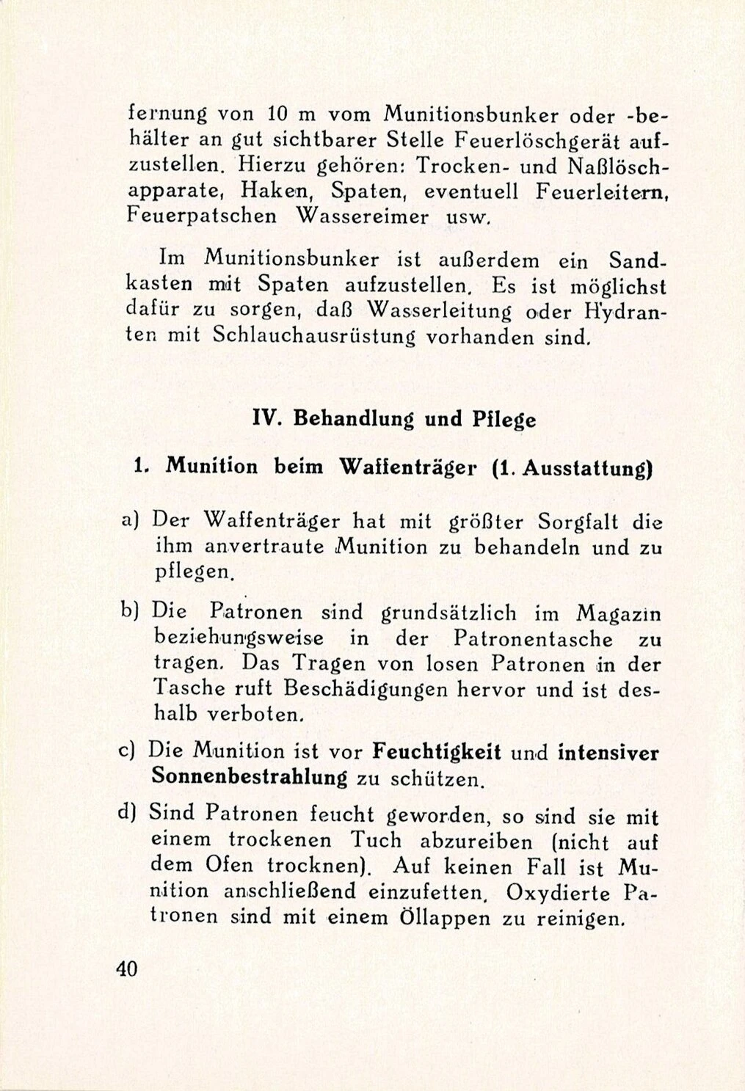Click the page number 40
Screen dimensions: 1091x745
pos(126,968)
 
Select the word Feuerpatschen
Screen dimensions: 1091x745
pos(202,216)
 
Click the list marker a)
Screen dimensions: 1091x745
pos(131,521)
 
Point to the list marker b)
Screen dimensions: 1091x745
pos(131,610)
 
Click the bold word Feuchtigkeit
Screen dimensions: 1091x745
pos(437,752)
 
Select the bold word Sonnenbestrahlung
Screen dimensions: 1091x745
pos(249,777)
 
